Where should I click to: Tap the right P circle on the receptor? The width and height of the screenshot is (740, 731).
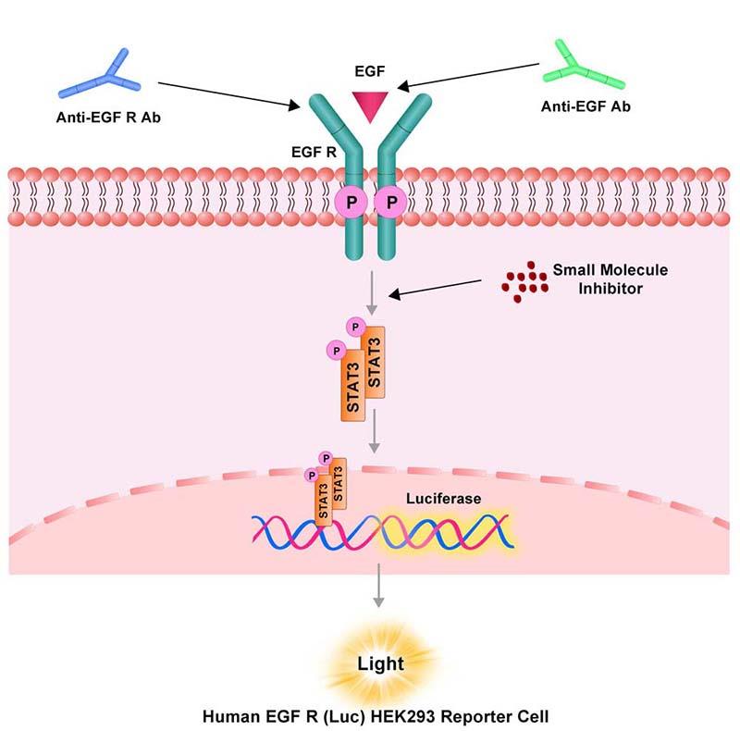coord(394,200)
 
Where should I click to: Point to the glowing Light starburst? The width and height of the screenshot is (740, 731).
coord(378,663)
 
